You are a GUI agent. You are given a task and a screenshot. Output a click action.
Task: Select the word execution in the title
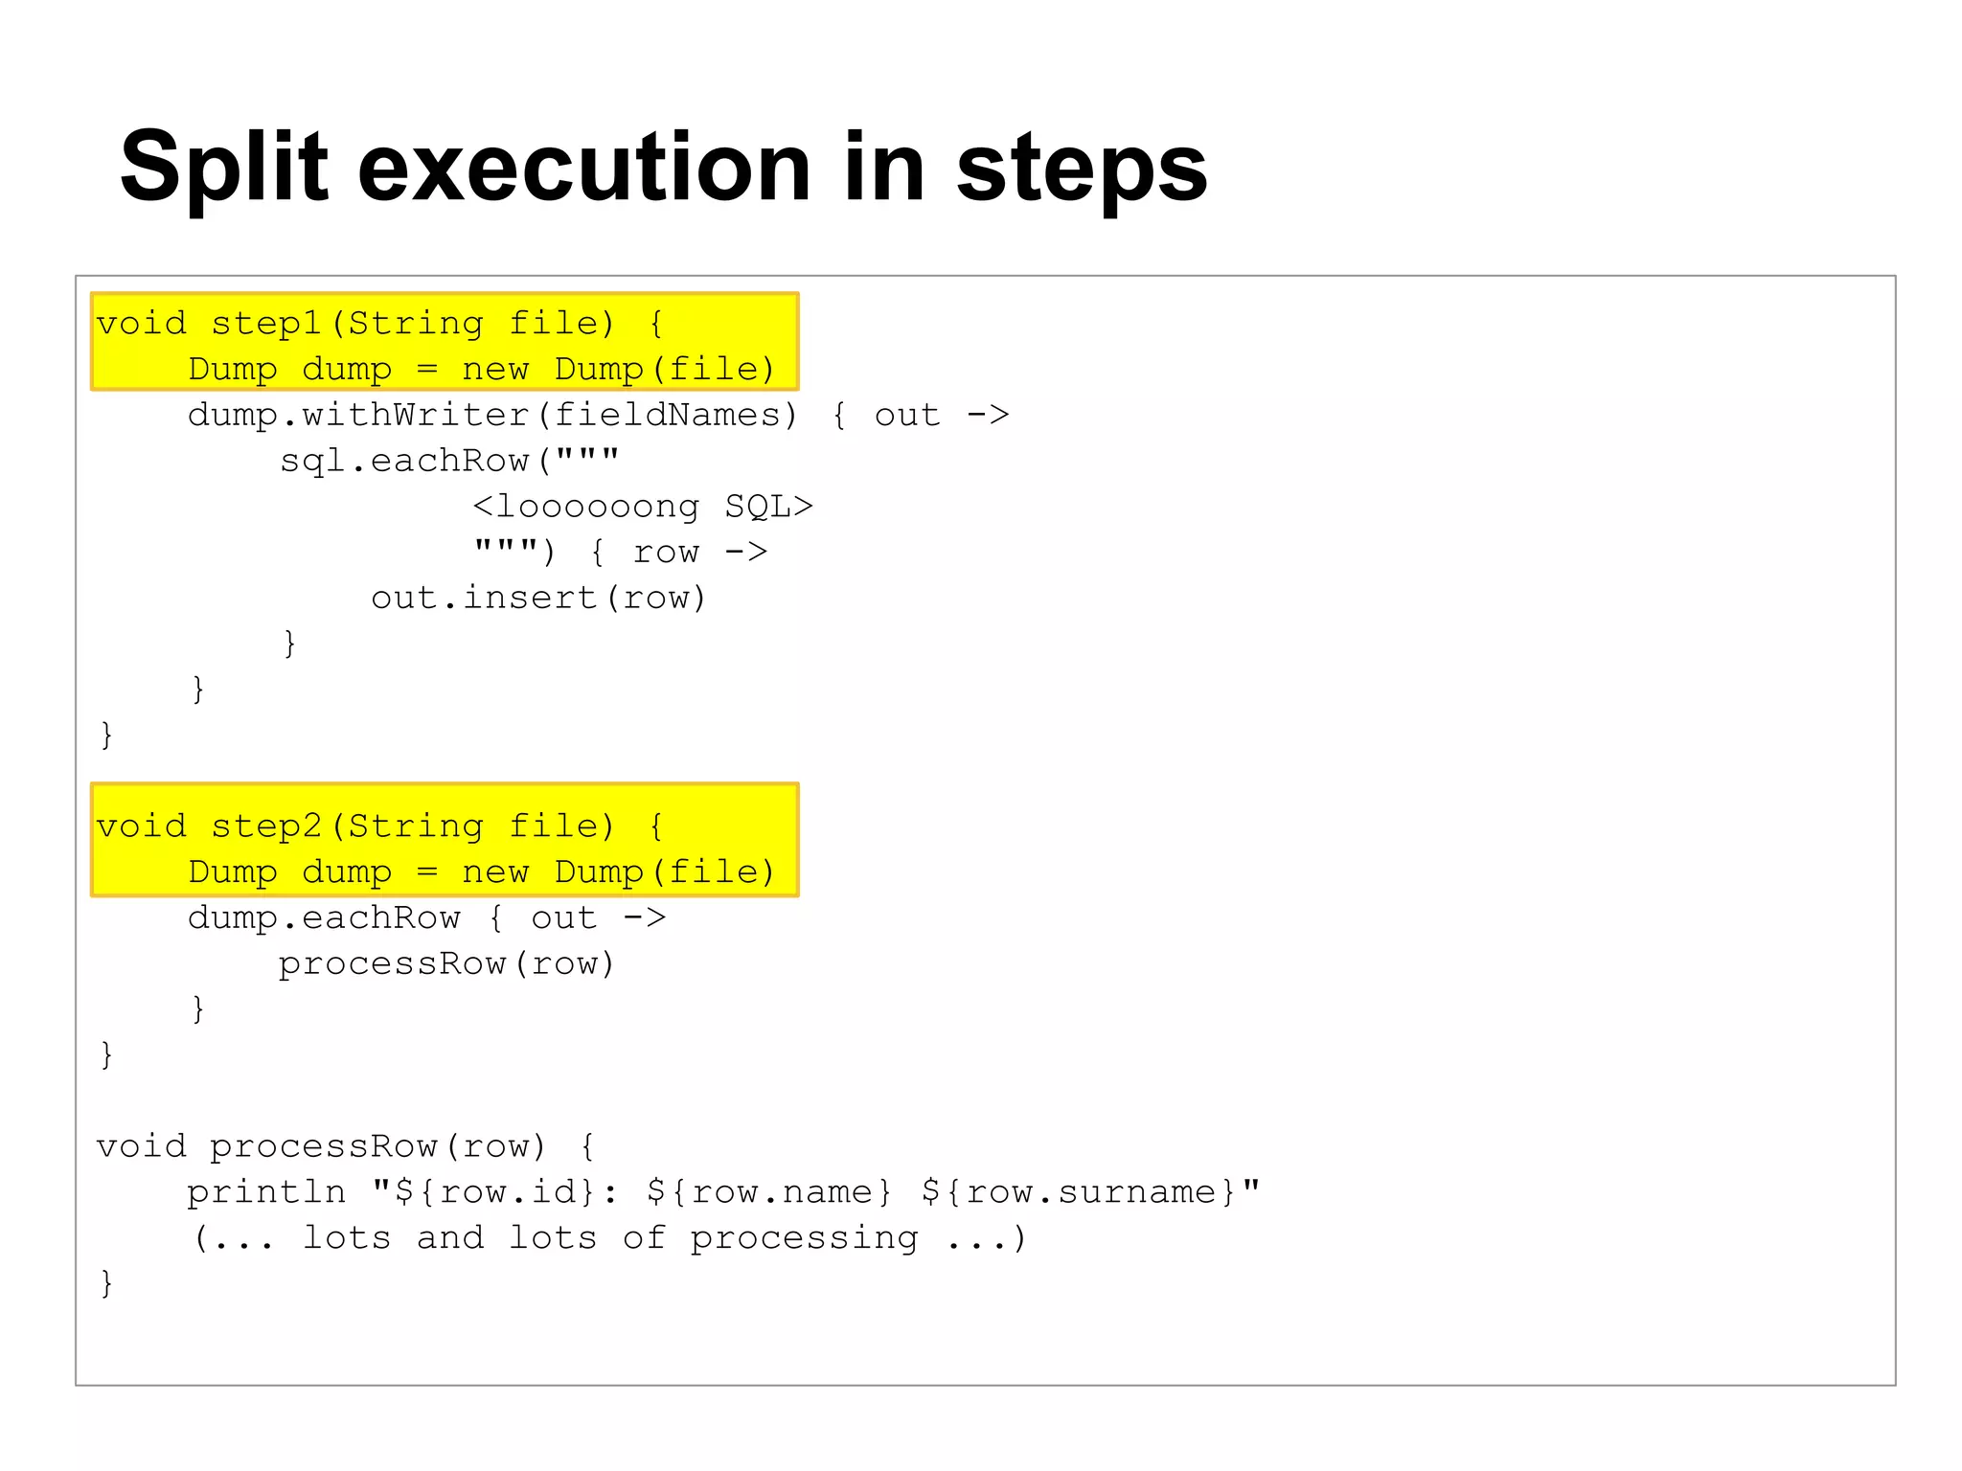[584, 169]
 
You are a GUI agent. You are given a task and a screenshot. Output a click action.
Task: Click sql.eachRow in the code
[403, 461]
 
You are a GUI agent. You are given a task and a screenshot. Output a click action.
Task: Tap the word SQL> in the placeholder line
[768, 506]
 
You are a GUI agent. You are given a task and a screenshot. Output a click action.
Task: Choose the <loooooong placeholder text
[586, 506]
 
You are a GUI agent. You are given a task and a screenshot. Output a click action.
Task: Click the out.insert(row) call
[538, 598]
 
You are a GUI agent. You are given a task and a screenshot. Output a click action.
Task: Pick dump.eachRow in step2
[324, 917]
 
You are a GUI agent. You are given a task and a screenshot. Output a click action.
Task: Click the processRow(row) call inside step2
[446, 963]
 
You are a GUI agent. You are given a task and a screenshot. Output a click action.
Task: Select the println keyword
[266, 1191]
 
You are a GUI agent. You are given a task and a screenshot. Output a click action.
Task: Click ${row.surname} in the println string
[1080, 1191]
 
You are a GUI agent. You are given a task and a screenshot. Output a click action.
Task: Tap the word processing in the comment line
[804, 1237]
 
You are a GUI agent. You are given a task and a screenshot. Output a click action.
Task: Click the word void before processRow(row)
[142, 1145]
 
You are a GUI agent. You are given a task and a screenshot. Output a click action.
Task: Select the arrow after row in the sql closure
[745, 552]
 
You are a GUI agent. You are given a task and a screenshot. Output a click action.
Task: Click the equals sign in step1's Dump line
[427, 370]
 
